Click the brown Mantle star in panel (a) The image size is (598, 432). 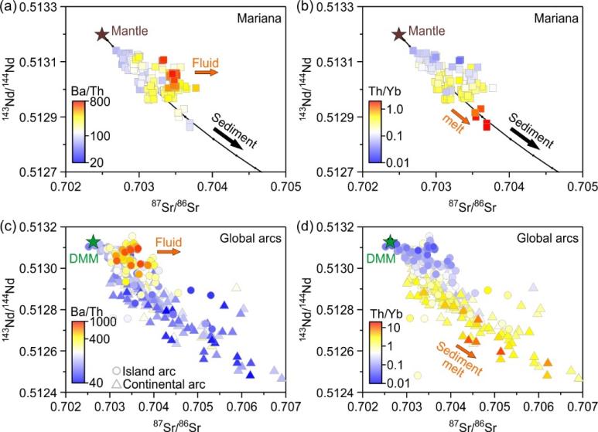[101, 34]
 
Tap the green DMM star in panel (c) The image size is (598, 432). [94, 242]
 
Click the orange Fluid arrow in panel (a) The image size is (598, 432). [207, 72]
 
